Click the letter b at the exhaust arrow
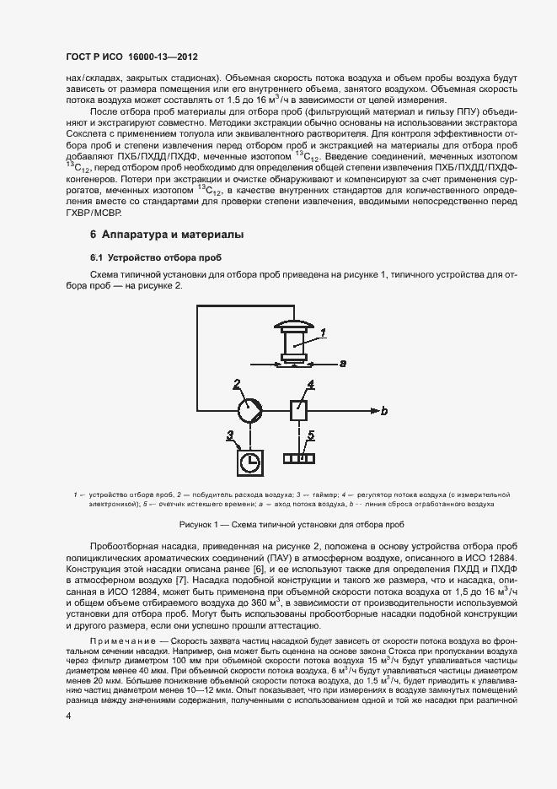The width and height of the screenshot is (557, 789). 384,412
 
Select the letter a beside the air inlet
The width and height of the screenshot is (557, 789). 342,364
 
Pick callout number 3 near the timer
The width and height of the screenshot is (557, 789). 229,435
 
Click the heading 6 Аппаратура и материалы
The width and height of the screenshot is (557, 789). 157,234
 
